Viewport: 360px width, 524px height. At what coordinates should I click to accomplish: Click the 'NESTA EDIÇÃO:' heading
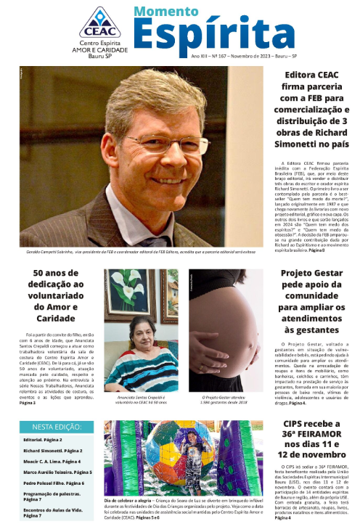tap(57, 428)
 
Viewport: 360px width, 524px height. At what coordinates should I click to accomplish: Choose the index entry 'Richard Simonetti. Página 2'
tap(52, 451)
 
